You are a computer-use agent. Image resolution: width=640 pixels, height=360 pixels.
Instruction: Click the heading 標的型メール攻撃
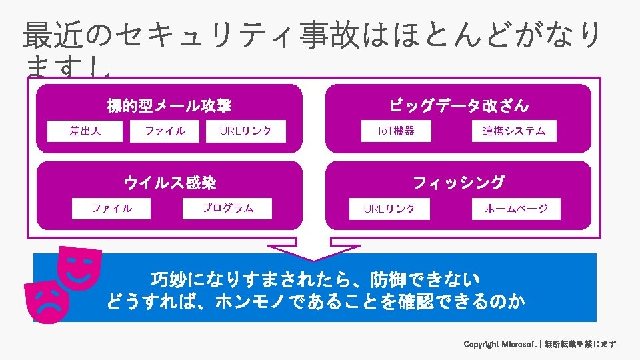pyautogui.click(x=169, y=105)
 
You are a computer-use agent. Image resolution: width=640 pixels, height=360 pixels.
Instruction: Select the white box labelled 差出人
pyautogui.click(x=85, y=131)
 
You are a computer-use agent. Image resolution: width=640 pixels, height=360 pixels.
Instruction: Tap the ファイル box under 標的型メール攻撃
pyautogui.click(x=165, y=131)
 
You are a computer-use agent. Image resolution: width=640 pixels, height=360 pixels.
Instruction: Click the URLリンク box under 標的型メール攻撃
pyautogui.click(x=246, y=131)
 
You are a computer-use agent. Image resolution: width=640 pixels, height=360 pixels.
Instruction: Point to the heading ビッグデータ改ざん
pyautogui.click(x=459, y=105)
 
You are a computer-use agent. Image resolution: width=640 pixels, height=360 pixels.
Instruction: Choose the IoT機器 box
pyautogui.click(x=396, y=131)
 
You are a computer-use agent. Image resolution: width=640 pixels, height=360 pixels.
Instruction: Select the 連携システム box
pyautogui.click(x=513, y=131)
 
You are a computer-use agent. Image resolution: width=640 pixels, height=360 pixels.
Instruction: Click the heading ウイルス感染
pyautogui.click(x=169, y=182)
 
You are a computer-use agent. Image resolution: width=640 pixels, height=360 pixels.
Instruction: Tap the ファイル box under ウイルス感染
pyautogui.click(x=112, y=209)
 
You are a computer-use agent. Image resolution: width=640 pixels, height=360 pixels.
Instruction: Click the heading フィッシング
pyautogui.click(x=459, y=182)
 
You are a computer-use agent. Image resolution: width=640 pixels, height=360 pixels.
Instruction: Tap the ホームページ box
pyautogui.click(x=516, y=209)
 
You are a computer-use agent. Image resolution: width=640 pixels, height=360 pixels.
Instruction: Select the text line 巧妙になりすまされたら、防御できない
pyautogui.click(x=315, y=278)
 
